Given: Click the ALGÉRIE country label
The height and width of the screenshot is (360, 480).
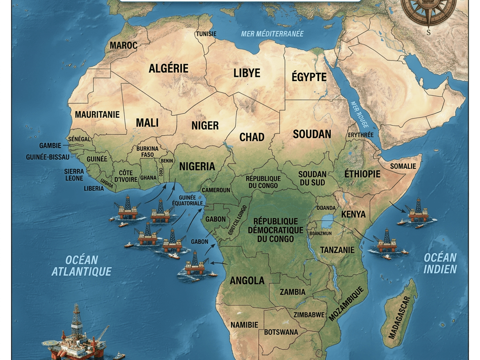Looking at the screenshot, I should tap(168, 68).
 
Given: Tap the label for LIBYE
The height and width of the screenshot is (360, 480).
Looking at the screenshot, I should tap(247, 73).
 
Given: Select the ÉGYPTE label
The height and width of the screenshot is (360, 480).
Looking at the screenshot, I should tap(309, 77).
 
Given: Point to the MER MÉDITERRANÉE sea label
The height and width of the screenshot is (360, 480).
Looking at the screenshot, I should tap(272, 34).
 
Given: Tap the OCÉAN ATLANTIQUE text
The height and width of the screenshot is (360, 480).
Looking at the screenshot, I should tap(82, 265).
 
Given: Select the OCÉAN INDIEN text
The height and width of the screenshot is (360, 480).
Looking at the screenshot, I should tap(440, 263).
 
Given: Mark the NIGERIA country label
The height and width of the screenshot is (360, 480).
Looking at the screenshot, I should tap(197, 166).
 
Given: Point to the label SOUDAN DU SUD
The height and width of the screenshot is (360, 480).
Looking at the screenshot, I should tap(312, 178).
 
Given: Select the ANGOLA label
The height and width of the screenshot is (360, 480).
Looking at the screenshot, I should tap(247, 281).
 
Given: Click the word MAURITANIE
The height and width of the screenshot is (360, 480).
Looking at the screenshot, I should tap(97, 114).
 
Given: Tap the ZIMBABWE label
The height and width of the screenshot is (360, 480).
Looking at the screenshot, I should tap(308, 315).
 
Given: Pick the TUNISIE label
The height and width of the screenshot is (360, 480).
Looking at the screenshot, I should tap(206, 34).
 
